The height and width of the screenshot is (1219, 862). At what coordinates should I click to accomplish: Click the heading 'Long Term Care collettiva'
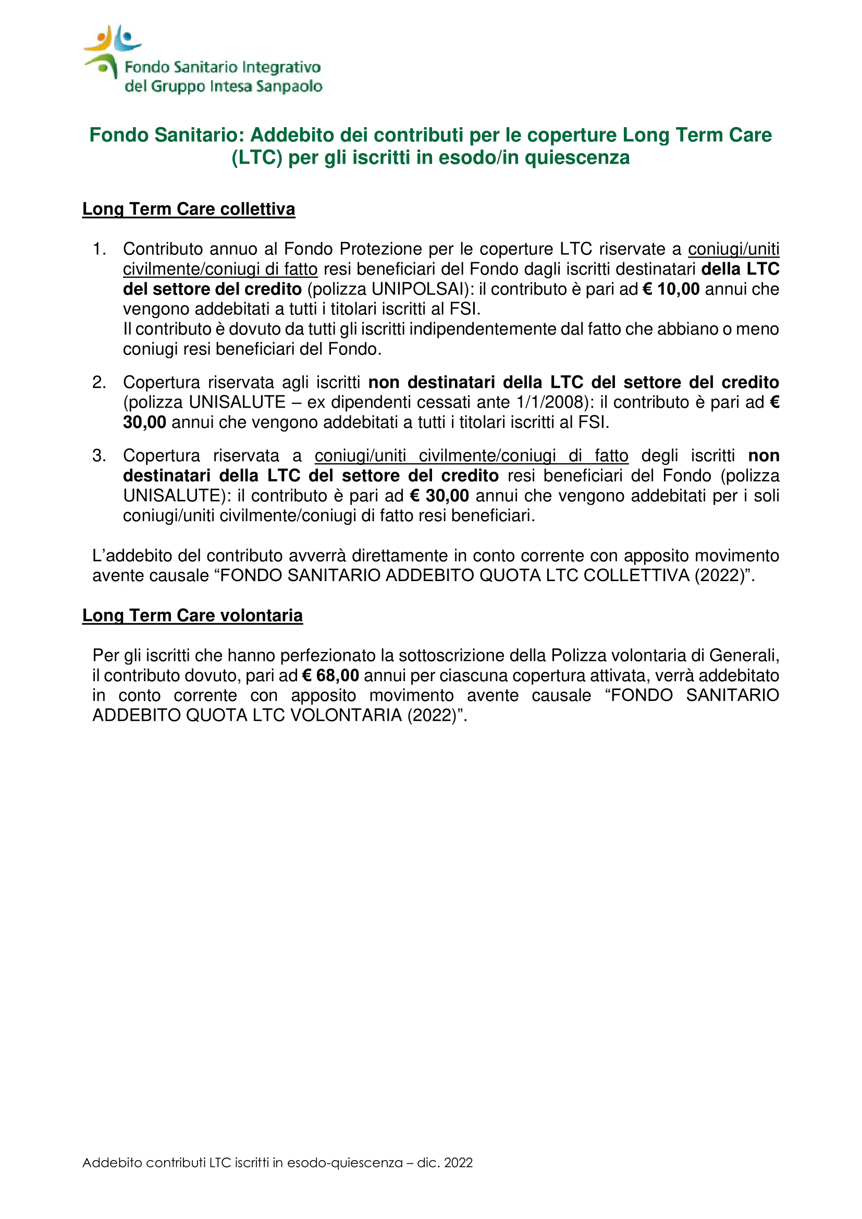coord(189,209)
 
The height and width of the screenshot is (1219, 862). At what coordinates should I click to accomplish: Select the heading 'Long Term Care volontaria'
coord(192,615)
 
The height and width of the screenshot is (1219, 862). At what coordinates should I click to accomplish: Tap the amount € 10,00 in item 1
coord(671,289)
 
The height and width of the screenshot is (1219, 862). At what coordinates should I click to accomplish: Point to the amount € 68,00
coord(330,676)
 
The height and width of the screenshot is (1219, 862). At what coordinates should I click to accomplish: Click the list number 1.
coord(98,249)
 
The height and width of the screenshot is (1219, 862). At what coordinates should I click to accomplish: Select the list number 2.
coord(98,382)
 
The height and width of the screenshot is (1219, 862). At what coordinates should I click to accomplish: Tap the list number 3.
coord(98,455)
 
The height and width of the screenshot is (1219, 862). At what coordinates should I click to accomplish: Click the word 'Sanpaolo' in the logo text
coord(289,86)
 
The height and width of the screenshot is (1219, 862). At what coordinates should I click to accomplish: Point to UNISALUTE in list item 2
coord(237,402)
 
